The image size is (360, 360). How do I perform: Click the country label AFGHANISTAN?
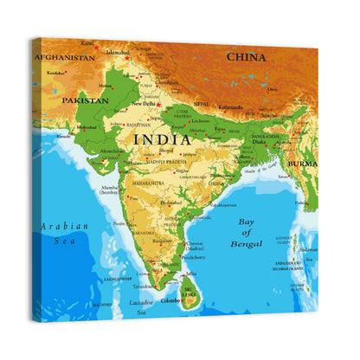click(x=65, y=57)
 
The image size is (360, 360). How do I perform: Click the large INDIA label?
click(x=162, y=138)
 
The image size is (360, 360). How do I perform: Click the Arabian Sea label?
click(x=64, y=235)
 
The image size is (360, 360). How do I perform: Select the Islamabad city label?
click(x=118, y=52)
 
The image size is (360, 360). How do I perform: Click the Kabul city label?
click(x=87, y=42)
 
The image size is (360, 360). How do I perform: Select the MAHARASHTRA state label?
click(x=147, y=183)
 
